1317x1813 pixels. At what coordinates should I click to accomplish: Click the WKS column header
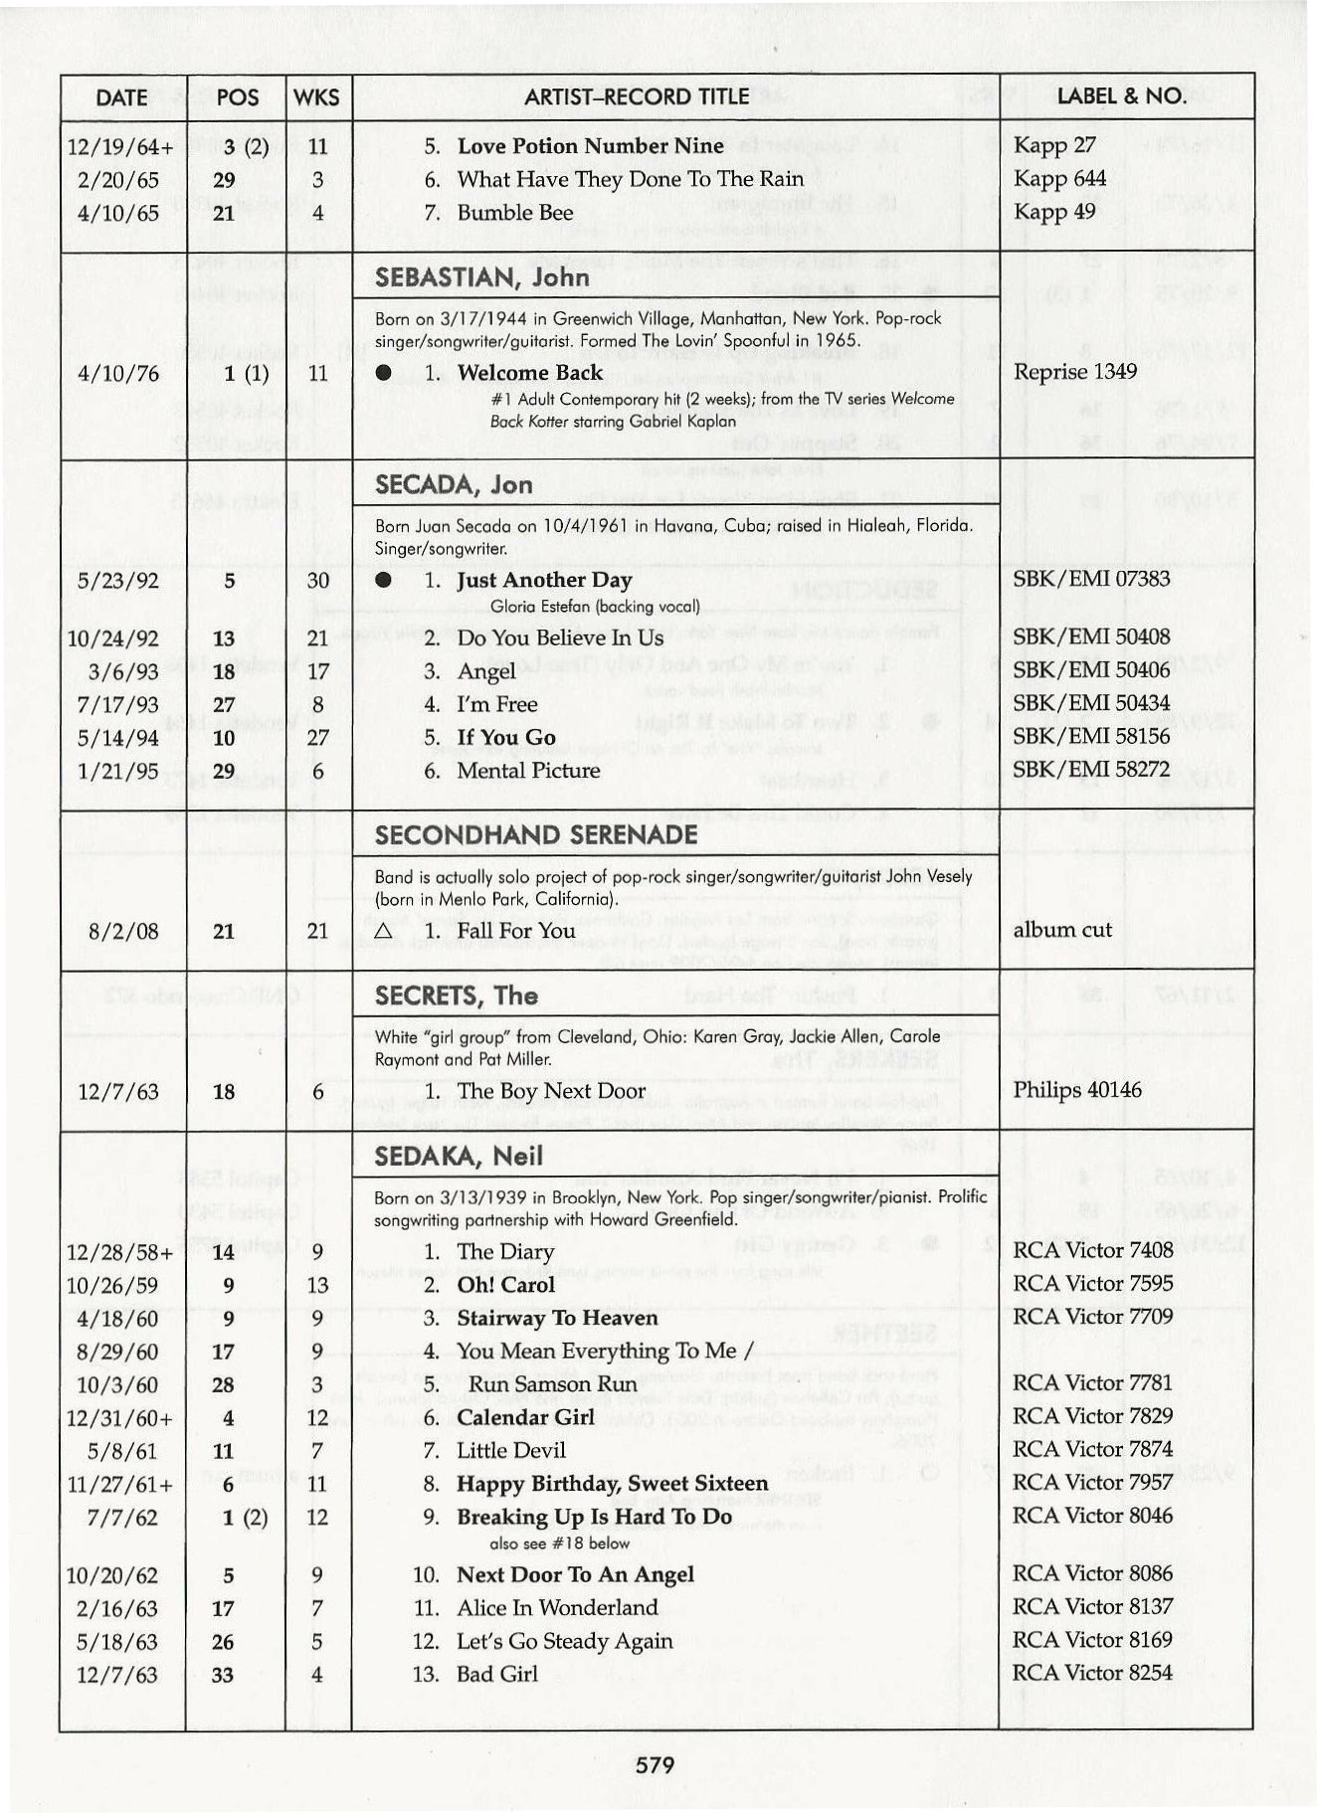click(x=317, y=97)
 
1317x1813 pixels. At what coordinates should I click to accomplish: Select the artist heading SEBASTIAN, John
click(x=481, y=277)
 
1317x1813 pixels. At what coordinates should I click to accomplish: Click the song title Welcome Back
click(x=529, y=373)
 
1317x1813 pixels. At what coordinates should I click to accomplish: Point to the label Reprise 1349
click(x=1075, y=372)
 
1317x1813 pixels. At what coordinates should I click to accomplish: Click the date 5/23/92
click(x=118, y=581)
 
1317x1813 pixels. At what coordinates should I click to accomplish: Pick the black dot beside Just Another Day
click(x=384, y=581)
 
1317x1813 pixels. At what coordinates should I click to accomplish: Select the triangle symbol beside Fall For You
click(x=384, y=932)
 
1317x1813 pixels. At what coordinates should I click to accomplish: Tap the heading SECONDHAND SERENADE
click(x=535, y=834)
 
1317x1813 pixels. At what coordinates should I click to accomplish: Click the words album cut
click(x=1061, y=930)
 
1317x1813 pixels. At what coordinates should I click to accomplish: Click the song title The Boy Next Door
click(x=551, y=1091)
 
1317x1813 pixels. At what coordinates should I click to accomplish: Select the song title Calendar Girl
click(x=525, y=1417)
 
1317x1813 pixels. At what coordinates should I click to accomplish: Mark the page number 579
click(x=656, y=1764)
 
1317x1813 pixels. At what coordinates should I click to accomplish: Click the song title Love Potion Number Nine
click(x=590, y=146)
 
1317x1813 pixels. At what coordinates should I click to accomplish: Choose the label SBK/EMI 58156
click(x=1091, y=736)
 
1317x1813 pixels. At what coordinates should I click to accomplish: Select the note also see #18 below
click(x=560, y=1543)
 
